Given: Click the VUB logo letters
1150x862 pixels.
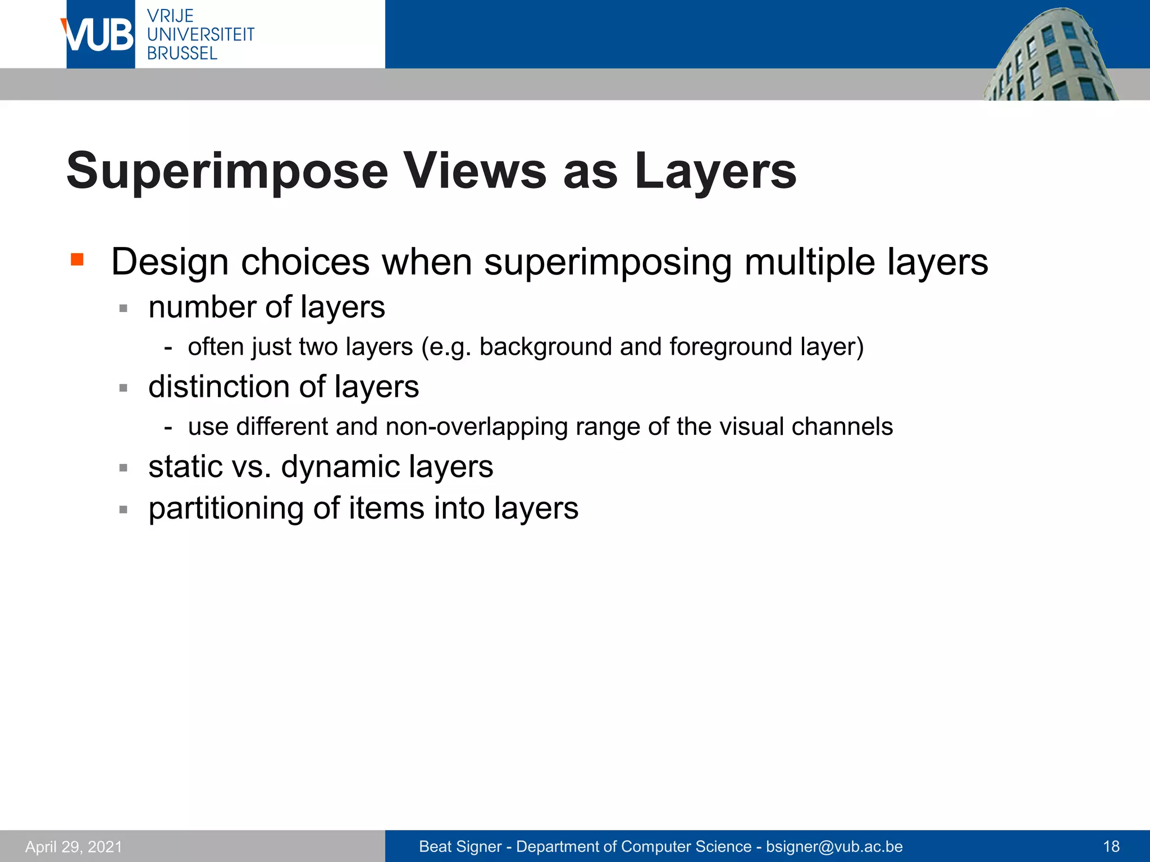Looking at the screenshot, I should pyautogui.click(x=99, y=35).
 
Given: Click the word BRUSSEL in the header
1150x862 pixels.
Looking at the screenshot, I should pyautogui.click(x=182, y=53).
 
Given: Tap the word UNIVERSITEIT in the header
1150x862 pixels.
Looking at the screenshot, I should pyautogui.click(x=200, y=34).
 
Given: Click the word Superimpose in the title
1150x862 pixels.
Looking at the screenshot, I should pyautogui.click(x=227, y=171).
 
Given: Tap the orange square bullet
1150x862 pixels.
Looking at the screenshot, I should pyautogui.click(x=77, y=259).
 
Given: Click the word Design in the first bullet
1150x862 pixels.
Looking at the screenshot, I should pyautogui.click(x=170, y=262).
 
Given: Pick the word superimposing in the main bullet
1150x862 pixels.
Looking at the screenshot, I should pyautogui.click(x=608, y=262).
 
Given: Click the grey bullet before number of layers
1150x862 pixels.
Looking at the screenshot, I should pyautogui.click(x=124, y=308).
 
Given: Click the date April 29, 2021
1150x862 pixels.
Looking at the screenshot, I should pyautogui.click(x=74, y=846).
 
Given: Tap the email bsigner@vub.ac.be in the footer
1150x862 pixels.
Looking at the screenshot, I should pyautogui.click(x=834, y=846).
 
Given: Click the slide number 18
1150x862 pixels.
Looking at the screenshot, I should pyautogui.click(x=1111, y=846).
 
